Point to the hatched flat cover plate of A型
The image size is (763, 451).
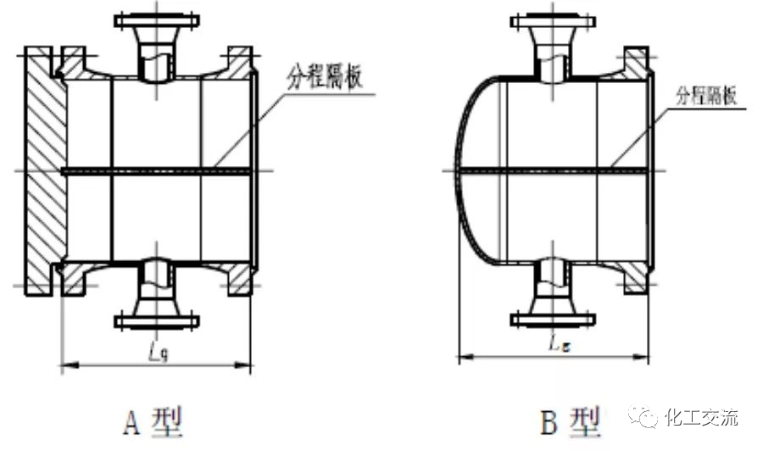(x=42, y=170)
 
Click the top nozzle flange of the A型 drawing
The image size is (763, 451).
(x=157, y=19)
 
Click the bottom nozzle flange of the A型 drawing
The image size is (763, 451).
(x=157, y=321)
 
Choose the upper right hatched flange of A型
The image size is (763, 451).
(x=239, y=64)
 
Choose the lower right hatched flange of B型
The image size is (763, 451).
(x=637, y=277)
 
